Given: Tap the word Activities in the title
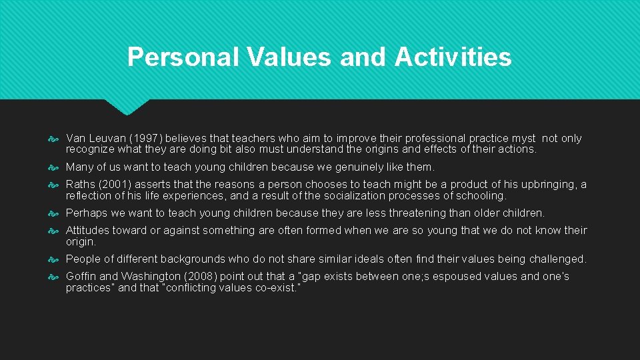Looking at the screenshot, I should (x=453, y=57).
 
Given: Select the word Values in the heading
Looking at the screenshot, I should (x=288, y=57).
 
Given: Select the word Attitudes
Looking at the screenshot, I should (x=89, y=231).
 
